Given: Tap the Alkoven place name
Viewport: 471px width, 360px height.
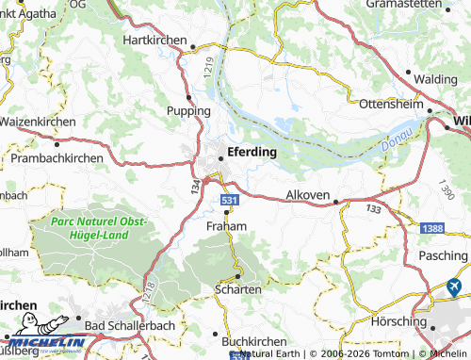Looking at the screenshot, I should click(308, 195).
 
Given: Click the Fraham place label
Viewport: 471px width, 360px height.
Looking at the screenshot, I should click(226, 226).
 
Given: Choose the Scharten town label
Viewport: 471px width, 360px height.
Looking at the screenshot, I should click(238, 289).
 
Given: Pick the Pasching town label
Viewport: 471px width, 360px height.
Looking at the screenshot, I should click(442, 256).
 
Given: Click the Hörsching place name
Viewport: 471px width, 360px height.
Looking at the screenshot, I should click(399, 320).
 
